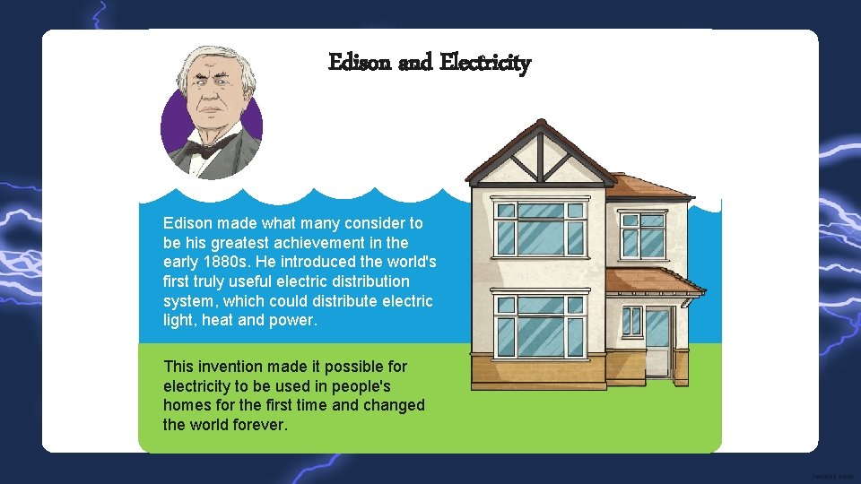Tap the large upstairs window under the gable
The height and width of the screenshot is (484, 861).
click(540, 229)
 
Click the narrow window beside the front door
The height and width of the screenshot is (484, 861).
click(632, 320)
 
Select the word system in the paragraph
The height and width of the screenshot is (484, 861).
click(187, 301)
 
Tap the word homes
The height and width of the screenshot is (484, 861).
click(187, 405)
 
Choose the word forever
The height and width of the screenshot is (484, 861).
click(260, 424)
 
